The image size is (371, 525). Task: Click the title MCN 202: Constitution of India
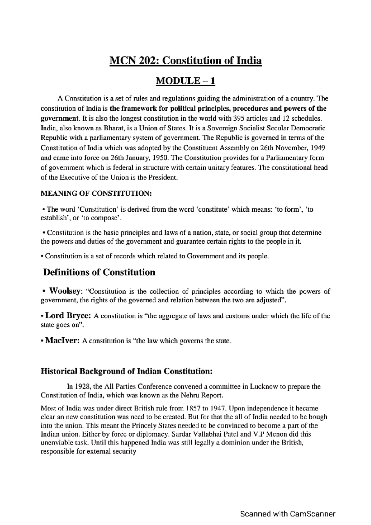(x=185, y=61)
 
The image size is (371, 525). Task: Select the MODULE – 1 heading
(x=185, y=81)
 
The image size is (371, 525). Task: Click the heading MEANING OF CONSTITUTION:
(x=96, y=194)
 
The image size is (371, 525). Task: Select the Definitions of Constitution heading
(x=99, y=272)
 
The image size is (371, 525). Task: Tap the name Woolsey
(x=65, y=291)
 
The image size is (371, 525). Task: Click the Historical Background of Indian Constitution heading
(x=126, y=371)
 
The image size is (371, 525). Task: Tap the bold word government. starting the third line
(x=59, y=118)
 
